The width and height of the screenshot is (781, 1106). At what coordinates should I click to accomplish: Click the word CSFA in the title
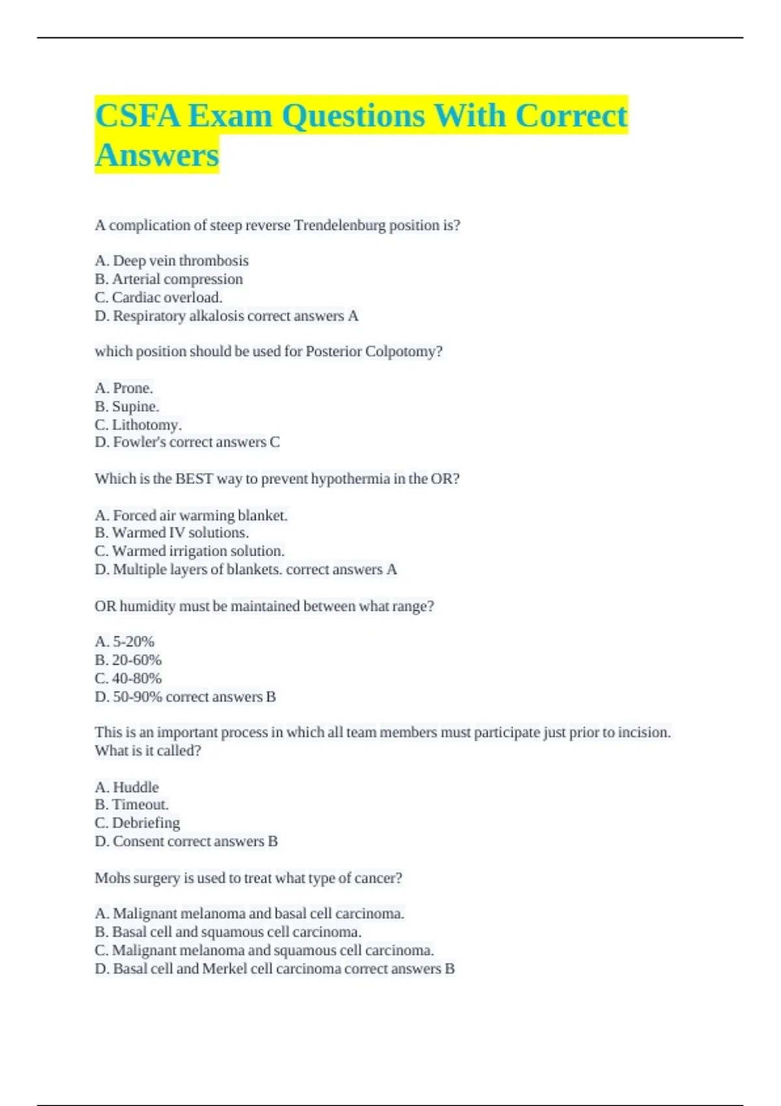[137, 116]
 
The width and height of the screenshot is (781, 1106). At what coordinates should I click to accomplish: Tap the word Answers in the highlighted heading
[157, 155]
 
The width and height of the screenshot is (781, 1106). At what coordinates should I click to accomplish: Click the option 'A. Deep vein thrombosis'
[172, 261]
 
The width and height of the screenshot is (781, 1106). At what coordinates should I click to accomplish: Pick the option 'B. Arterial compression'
[169, 279]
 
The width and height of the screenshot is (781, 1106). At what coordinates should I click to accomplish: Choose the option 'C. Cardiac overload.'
[159, 297]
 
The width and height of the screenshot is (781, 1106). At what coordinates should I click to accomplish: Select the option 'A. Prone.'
[124, 388]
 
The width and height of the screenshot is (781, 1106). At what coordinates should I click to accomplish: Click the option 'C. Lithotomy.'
[138, 425]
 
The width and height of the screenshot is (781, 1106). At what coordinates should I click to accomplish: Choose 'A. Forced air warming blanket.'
[191, 515]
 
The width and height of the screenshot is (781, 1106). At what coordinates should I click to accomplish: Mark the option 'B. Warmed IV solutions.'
[172, 533]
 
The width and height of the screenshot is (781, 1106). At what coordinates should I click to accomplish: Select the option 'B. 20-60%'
[128, 660]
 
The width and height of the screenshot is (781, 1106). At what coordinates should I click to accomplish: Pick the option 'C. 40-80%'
[128, 679]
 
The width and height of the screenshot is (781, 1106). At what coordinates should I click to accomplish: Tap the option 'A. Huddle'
[127, 787]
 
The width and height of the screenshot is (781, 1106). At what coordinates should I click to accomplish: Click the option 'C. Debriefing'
[137, 823]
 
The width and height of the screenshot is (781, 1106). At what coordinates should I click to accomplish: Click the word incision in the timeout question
[644, 733]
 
